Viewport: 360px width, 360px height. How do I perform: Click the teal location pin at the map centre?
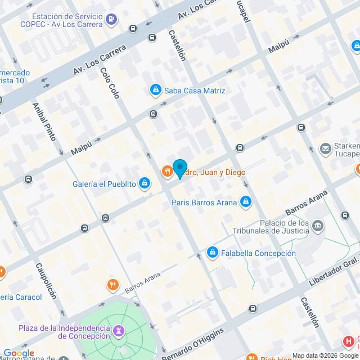[179, 168]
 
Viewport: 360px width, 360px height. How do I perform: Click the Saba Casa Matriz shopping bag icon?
[155, 90]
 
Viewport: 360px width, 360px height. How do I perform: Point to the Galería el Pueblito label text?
[104, 183]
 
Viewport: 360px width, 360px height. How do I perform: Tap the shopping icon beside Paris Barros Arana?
[245, 201]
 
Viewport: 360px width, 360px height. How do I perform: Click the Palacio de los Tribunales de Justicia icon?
[318, 227]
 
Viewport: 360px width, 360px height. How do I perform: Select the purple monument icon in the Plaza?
[119, 330]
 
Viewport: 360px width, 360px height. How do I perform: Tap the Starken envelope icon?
[325, 149]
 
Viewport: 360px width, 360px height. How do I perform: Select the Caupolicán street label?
[47, 281]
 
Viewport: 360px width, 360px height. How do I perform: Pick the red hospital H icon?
[349, 341]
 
